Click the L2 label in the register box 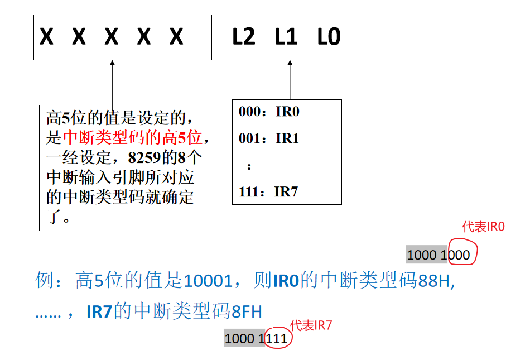point(243,37)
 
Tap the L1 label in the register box point(286,37)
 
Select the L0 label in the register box point(329,37)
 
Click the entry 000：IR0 point(269,112)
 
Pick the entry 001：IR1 point(269,138)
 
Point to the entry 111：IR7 point(268,192)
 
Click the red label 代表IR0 point(483,227)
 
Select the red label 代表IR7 point(311,325)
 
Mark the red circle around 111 point(277,338)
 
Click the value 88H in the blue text point(436,281)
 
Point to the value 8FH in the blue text point(247,311)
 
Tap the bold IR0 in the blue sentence point(286,281)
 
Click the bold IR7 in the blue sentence point(100,311)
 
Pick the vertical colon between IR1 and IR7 point(249,166)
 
